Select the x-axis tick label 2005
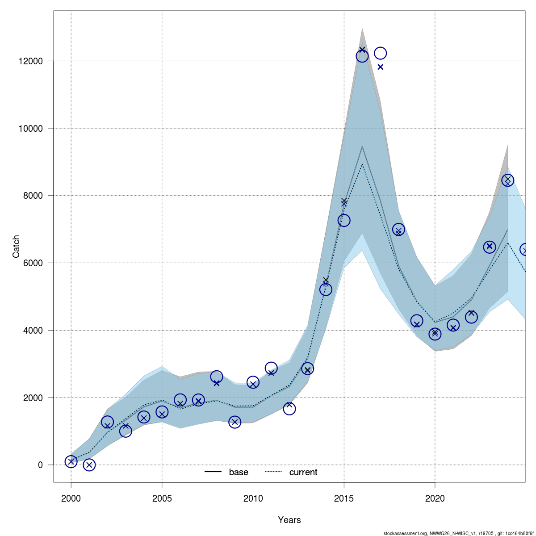click(162, 498)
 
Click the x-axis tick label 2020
click(435, 498)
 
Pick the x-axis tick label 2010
click(253, 498)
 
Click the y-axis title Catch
click(17, 246)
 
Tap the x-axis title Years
click(289, 520)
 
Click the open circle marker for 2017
click(380, 53)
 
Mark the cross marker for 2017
click(381, 67)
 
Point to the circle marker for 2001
click(89, 465)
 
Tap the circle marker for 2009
click(235, 422)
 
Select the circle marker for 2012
click(289, 409)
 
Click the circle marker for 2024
click(507, 180)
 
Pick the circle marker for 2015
click(344, 220)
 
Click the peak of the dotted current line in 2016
click(362, 164)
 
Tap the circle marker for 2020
click(435, 334)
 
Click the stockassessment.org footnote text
click(459, 533)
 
